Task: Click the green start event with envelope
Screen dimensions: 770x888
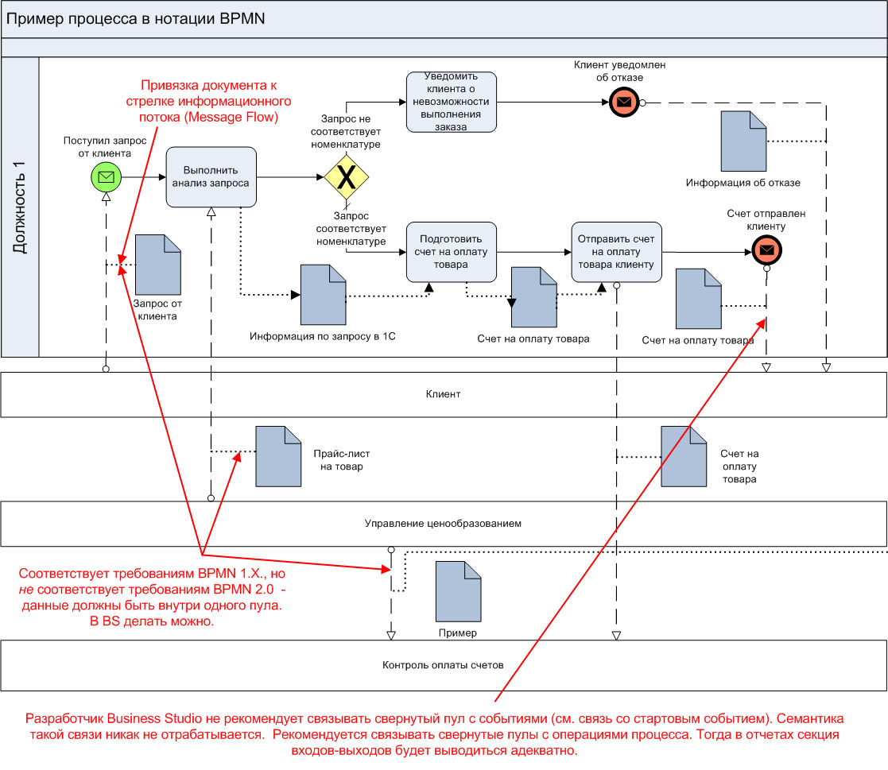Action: [x=106, y=176]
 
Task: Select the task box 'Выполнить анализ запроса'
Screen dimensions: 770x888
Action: [x=211, y=176]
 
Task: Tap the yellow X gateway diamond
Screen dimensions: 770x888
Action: [x=347, y=177]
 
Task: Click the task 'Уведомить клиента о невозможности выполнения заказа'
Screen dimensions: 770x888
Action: [x=451, y=103]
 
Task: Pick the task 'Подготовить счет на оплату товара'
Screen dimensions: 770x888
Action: [x=451, y=252]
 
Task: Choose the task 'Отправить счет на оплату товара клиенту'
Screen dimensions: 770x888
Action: [x=616, y=252]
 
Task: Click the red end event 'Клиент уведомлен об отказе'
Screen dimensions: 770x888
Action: [x=624, y=102]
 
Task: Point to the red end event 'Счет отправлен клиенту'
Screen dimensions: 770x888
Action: [x=766, y=251]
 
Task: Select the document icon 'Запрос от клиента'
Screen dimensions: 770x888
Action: [x=158, y=264]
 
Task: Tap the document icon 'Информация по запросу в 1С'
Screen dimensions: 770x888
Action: [x=323, y=294]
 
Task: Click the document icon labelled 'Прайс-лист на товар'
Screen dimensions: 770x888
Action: [x=278, y=456]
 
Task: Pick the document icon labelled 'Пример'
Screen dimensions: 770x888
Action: [x=458, y=591]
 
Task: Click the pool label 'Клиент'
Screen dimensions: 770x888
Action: [x=444, y=394]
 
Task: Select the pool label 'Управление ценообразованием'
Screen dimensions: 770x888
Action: [x=444, y=524]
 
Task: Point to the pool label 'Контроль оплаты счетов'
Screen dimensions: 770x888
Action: [x=443, y=665]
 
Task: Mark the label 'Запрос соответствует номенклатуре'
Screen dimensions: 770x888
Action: [x=351, y=228]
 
